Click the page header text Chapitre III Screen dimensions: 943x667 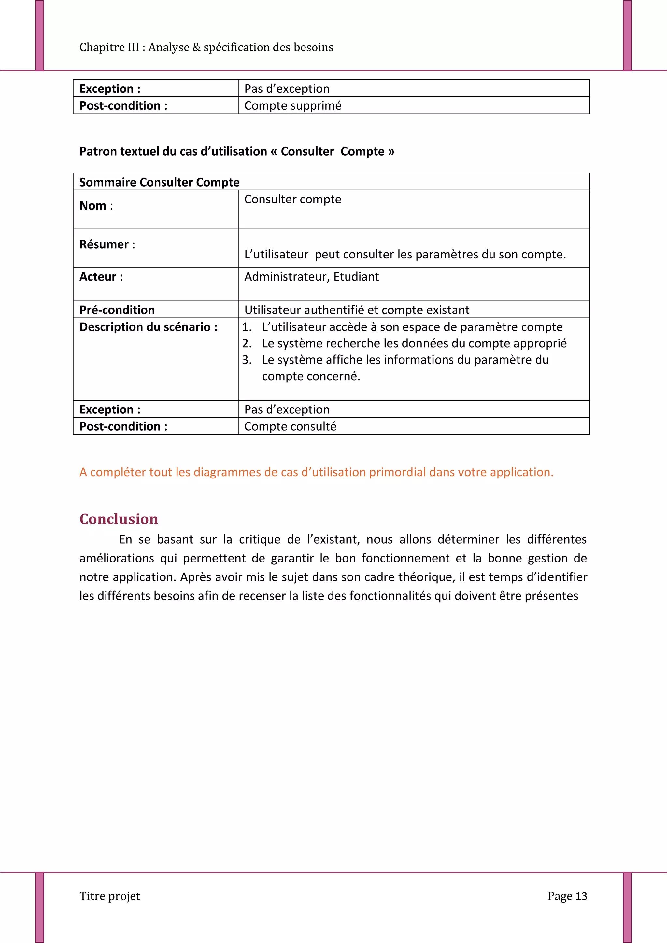tap(206, 47)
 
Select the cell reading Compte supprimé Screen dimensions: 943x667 tap(292, 105)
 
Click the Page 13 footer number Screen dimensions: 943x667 tap(567, 896)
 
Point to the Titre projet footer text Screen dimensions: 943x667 tap(110, 896)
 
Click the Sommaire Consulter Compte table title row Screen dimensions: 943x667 tap(160, 182)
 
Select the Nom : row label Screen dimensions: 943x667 tap(96, 205)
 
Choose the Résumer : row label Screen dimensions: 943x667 tap(107, 244)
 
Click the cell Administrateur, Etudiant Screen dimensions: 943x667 tap(311, 277)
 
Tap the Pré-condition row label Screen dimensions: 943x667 tap(117, 310)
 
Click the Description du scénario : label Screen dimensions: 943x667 tap(149, 327)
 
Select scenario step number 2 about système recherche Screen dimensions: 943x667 tap(414, 343)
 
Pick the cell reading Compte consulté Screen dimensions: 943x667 tap(290, 426)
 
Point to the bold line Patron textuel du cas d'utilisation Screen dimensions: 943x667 tap(237, 152)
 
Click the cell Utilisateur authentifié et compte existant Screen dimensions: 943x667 tap(357, 310)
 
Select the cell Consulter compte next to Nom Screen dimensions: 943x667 tap(292, 199)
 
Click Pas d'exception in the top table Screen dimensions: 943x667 tap(287, 89)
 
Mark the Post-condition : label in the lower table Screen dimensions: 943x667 tap(123, 426)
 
